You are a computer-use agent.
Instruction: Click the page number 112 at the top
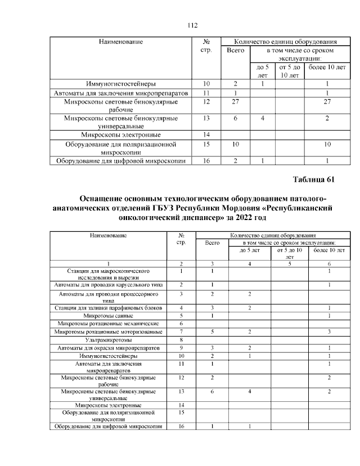(191, 25)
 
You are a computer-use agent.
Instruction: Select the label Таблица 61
(314, 180)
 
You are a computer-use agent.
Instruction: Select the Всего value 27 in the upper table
(236, 102)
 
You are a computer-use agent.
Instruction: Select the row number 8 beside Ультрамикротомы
(181, 340)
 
